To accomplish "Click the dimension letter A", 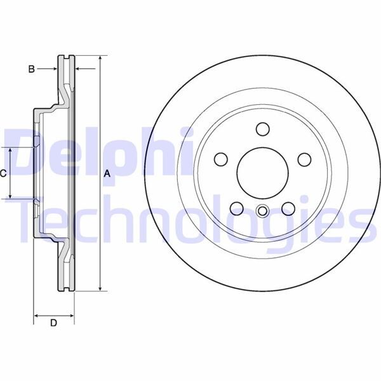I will click(x=107, y=173).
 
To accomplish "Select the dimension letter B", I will click(x=30, y=69).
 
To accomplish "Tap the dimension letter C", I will click(x=4, y=173).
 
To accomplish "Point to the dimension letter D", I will click(x=54, y=323).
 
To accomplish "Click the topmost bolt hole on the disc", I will click(x=262, y=129).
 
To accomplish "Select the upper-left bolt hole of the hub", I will click(x=221, y=158).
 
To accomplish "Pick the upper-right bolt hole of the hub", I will click(x=304, y=158).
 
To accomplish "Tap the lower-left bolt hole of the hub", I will click(x=237, y=207).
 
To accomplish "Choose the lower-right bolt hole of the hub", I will click(x=288, y=207).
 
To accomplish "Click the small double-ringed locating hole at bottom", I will click(x=262, y=211).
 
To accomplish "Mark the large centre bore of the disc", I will click(x=262, y=173).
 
